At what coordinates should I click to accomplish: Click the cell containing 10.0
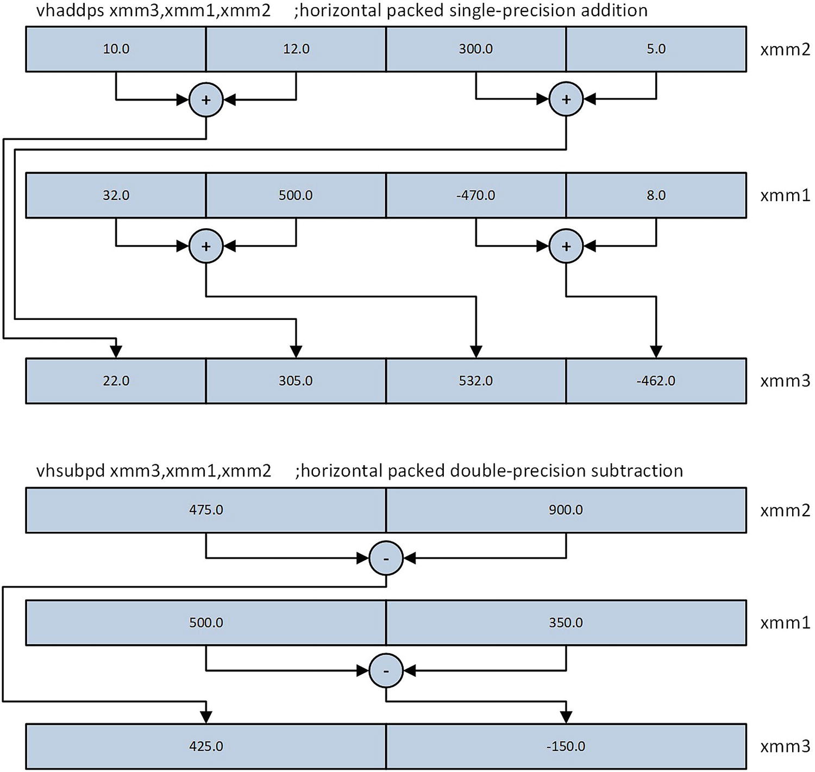[116, 49]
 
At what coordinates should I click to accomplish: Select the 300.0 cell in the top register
[475, 49]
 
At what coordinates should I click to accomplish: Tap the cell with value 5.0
[656, 49]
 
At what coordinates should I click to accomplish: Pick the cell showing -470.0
[475, 196]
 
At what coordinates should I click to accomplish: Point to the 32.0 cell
[116, 196]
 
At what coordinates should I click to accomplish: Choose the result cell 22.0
[116, 381]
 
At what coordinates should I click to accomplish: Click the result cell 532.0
[475, 381]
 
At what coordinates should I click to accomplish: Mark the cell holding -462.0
[656, 381]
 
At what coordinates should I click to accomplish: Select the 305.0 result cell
[296, 381]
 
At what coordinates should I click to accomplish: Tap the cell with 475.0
[206, 510]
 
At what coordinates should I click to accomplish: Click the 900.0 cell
[566, 510]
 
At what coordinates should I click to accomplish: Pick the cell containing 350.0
[566, 623]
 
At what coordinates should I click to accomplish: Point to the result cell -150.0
[566, 746]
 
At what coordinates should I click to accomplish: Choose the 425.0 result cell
[206, 746]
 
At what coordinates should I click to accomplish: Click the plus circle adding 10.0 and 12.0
[206, 99]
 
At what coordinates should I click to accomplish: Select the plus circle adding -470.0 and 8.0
[566, 246]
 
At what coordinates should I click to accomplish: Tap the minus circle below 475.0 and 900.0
[386, 558]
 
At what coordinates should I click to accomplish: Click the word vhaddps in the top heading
[70, 10]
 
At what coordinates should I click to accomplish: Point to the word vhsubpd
[70, 470]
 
